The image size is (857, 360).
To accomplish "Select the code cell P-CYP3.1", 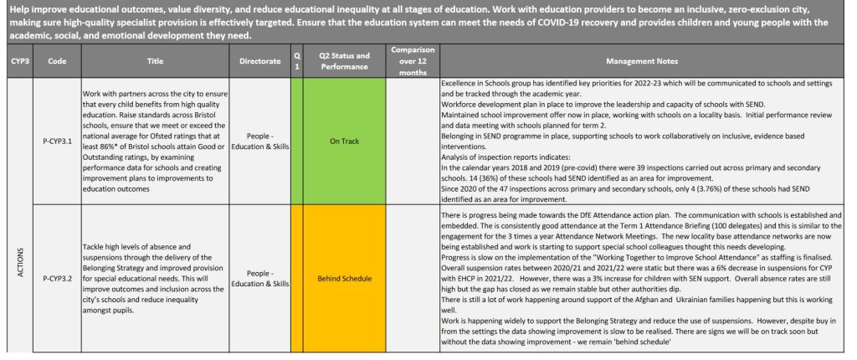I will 57,141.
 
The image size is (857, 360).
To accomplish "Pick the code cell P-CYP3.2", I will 57,277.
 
